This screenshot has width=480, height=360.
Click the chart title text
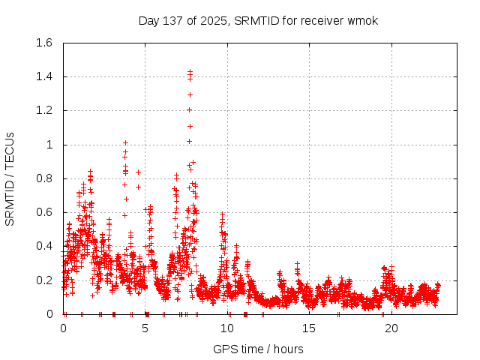258,20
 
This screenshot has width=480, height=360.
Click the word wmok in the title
363,20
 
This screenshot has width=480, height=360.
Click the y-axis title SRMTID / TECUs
10,178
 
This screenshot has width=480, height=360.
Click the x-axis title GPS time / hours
258,349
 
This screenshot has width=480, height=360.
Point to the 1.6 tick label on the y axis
43,43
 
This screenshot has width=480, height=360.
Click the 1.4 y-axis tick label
43,76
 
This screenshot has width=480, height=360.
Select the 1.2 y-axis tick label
43,110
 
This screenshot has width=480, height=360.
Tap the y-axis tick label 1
49,145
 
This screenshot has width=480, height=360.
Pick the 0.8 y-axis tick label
43,178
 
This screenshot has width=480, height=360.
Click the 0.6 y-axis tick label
43,212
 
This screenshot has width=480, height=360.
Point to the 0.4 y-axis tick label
43,246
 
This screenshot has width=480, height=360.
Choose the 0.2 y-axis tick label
43,280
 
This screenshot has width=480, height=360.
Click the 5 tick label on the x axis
145,328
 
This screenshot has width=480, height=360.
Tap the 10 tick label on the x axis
226,328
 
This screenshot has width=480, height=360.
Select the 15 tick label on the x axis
308,328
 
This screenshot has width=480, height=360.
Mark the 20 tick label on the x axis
390,328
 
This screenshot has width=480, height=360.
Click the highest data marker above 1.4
190,71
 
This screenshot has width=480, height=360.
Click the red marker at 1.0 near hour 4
125,142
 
